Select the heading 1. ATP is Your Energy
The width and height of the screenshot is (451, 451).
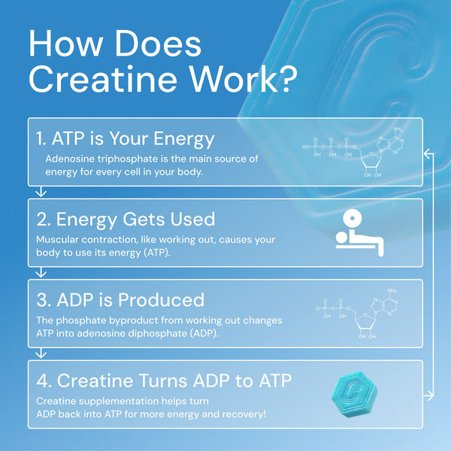125,139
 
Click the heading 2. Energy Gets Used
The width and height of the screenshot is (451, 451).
126,219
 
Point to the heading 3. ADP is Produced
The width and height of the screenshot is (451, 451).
120,300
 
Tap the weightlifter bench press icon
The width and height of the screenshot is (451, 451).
359,232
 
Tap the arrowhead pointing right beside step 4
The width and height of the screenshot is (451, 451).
427,394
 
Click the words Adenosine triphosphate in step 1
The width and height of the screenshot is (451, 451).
93,159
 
